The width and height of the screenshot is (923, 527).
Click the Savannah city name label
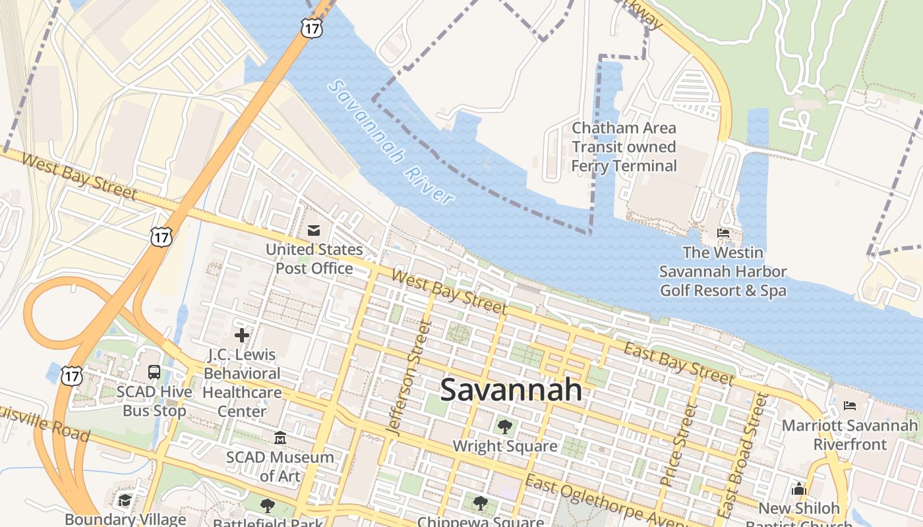pyautogui.click(x=511, y=390)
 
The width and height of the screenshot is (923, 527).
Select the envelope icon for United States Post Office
pyautogui.click(x=314, y=231)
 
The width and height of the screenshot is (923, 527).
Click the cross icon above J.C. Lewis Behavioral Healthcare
pyautogui.click(x=242, y=335)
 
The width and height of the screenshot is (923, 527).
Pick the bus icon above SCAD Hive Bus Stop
pyautogui.click(x=154, y=372)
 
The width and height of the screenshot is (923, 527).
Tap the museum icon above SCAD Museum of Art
pyautogui.click(x=280, y=437)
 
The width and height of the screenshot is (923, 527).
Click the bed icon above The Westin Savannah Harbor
pyautogui.click(x=723, y=233)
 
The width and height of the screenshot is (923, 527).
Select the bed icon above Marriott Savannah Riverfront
pyautogui.click(x=850, y=406)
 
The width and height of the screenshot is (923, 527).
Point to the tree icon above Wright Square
pyautogui.click(x=504, y=426)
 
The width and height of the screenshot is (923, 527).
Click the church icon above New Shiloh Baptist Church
pyautogui.click(x=799, y=489)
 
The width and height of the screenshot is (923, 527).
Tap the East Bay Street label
pyautogui.click(x=678, y=364)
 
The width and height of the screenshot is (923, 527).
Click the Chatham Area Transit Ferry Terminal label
pyautogui.click(x=624, y=147)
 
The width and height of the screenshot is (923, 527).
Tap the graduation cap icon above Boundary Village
pyautogui.click(x=125, y=501)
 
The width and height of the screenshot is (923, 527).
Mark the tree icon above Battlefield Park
pyautogui.click(x=267, y=506)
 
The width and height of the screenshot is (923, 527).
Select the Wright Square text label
pyautogui.click(x=504, y=446)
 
